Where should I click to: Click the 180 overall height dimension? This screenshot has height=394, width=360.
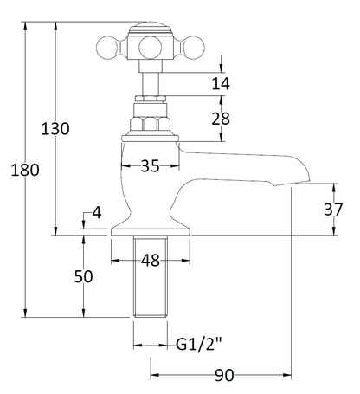pyautogui.click(x=25, y=170)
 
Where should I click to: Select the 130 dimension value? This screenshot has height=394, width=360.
pyautogui.click(x=55, y=129)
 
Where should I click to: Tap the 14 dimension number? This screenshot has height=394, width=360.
pyautogui.click(x=221, y=84)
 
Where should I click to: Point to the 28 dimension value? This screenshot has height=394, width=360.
pyautogui.click(x=221, y=119)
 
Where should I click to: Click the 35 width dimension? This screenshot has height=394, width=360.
pyautogui.click(x=150, y=166)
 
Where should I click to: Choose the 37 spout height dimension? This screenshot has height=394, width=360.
pyautogui.click(x=333, y=210)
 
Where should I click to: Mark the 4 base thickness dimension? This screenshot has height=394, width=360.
pyautogui.click(x=97, y=213)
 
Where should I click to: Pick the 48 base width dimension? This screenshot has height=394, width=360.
pyautogui.click(x=151, y=261)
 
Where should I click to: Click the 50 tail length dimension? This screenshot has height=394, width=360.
pyautogui.click(x=83, y=276)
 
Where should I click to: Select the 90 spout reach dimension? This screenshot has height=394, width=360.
pyautogui.click(x=224, y=375)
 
